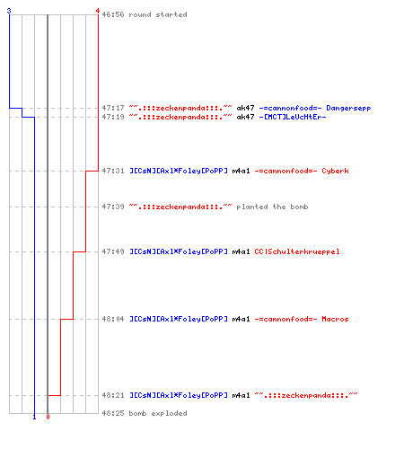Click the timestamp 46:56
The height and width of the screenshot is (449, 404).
[x=113, y=14]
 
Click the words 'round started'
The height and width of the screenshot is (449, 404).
[x=158, y=14]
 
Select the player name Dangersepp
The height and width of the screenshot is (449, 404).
[x=348, y=108]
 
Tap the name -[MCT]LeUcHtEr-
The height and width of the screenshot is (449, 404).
[x=293, y=117]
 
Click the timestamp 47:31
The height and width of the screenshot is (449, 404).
[x=113, y=171]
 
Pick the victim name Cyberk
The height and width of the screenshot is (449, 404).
[x=335, y=171]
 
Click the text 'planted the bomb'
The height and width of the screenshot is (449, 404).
[x=272, y=207]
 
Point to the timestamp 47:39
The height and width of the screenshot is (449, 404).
[x=113, y=207]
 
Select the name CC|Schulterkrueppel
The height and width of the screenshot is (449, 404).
[x=297, y=251]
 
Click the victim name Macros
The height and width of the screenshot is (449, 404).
[x=335, y=319]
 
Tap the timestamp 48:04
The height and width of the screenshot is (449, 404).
[x=113, y=319]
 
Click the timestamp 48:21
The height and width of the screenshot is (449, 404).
[x=113, y=395]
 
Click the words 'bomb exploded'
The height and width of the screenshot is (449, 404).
[x=158, y=413]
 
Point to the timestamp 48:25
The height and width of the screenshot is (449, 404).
[x=113, y=413]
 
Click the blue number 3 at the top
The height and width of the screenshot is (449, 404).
[x=9, y=11]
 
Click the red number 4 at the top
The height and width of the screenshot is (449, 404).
[x=98, y=11]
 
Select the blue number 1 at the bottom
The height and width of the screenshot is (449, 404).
[x=34, y=417]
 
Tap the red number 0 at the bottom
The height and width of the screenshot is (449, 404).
[x=48, y=417]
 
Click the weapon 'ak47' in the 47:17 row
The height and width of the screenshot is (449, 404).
[x=245, y=108]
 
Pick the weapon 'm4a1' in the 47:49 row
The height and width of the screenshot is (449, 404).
[x=241, y=251]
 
